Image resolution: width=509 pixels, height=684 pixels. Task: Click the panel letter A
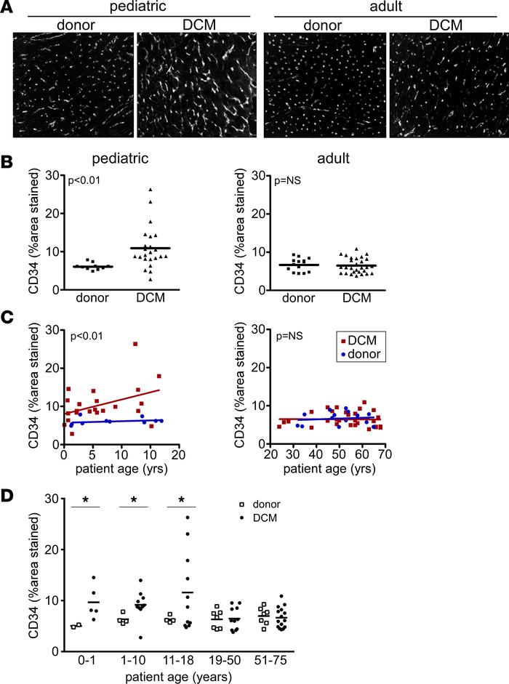click(x=8, y=8)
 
